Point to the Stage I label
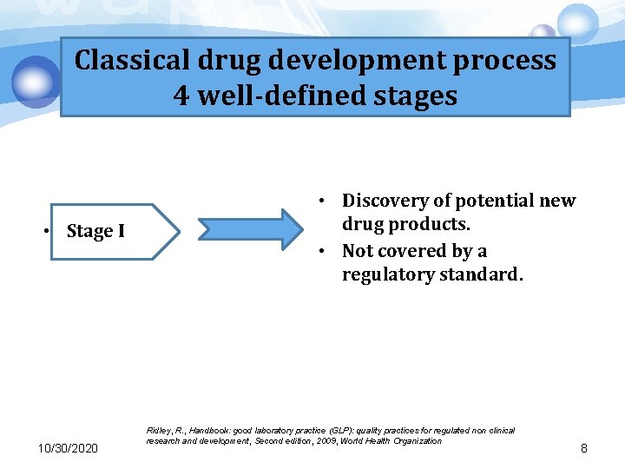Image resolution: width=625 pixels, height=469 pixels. tap(95, 231)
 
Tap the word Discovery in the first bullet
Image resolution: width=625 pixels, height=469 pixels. tap(385, 201)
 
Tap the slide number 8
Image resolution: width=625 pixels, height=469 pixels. tap(584, 448)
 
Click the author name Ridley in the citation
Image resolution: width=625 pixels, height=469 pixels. tap(161, 430)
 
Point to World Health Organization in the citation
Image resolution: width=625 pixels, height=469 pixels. tap(394, 441)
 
